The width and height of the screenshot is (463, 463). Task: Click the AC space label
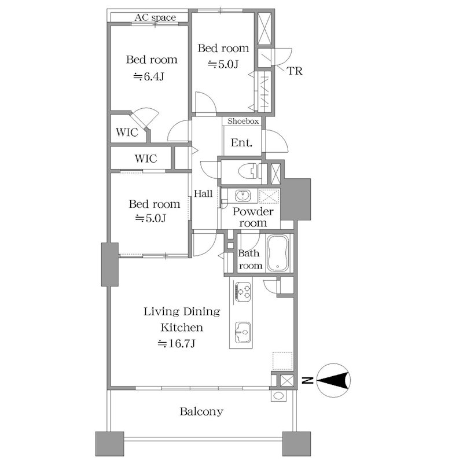point(155,17)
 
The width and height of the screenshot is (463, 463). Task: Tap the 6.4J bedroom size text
point(148,77)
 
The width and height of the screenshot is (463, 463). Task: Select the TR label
point(295,71)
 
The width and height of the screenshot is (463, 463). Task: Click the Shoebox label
point(243,121)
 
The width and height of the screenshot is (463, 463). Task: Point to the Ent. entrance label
point(241,143)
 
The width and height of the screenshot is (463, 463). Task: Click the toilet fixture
point(249,171)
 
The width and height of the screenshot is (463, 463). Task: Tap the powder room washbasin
point(243,196)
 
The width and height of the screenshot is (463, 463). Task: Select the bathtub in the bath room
point(278,253)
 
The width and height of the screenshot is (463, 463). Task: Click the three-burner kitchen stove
point(242,292)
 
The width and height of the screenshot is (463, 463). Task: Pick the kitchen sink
point(242,332)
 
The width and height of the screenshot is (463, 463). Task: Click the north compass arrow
point(333,380)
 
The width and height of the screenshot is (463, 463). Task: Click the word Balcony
point(201,411)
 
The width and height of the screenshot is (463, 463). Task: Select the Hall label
point(203,194)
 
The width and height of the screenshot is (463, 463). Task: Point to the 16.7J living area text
point(177,344)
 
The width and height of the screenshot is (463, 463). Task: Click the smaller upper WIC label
point(127,133)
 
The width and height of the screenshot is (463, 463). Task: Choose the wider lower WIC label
point(146,159)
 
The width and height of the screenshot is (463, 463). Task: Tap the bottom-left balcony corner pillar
point(109,444)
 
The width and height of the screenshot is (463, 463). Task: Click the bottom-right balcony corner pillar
point(296,444)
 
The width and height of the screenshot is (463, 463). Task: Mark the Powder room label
point(253,217)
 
